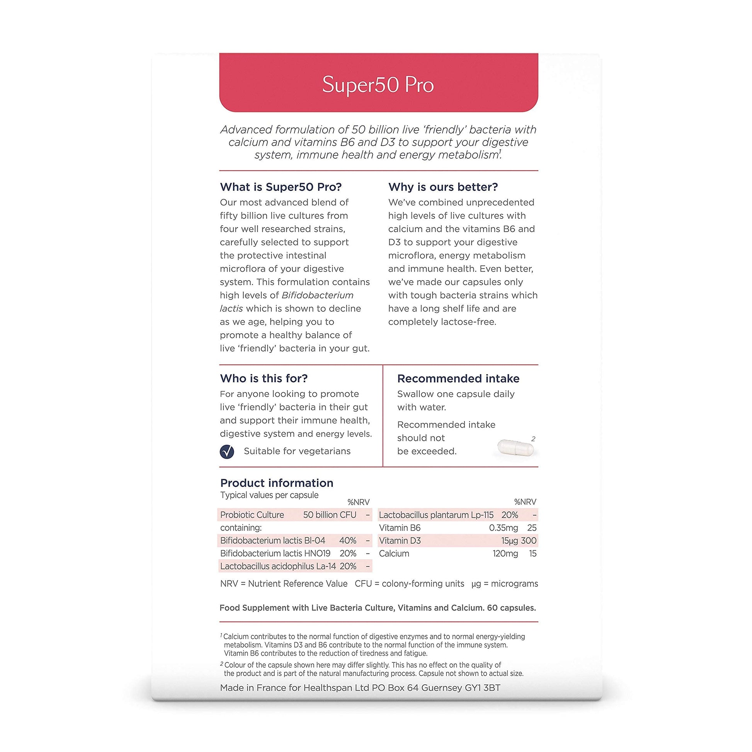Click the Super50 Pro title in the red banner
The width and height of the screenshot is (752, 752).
[x=378, y=85]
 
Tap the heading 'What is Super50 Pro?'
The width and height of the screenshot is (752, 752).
[x=281, y=187]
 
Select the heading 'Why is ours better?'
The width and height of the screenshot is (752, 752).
[x=443, y=187]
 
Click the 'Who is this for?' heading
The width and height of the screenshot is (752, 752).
[x=264, y=378]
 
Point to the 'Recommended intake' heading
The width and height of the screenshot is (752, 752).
[x=458, y=379]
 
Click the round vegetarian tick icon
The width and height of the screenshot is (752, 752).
[x=227, y=451]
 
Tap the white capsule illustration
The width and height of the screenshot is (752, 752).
[x=516, y=447]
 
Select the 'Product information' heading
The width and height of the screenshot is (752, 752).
[x=277, y=483]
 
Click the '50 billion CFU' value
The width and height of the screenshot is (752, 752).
[x=330, y=515]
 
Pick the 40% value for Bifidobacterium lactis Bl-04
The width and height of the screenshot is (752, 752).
[x=347, y=541]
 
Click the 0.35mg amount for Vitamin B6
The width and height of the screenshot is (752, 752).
[x=503, y=528]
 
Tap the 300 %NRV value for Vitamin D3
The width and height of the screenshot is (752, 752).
[x=529, y=541]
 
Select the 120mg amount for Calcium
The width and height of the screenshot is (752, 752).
[x=505, y=553]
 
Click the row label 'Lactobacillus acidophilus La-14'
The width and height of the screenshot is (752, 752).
[x=278, y=567]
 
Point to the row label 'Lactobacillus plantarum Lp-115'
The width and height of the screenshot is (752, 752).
[x=436, y=515]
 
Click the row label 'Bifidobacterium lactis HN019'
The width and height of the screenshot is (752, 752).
[x=275, y=553]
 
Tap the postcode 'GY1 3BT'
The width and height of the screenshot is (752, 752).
[x=482, y=688]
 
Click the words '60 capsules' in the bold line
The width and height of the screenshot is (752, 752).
[x=511, y=608]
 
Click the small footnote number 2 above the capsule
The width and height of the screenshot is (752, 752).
[x=533, y=439]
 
